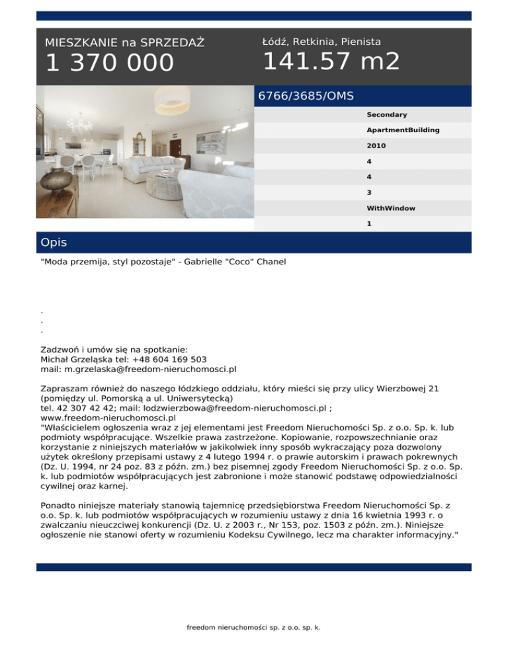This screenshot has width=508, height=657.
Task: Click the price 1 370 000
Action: coord(109,63)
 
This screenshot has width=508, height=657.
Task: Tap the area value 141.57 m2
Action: coord(331,62)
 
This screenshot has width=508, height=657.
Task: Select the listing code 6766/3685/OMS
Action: coord(306,96)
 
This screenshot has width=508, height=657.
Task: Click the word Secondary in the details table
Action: coord(386,115)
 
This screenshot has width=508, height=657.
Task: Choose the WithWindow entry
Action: coord(391,208)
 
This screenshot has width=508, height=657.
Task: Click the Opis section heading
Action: coord(54,243)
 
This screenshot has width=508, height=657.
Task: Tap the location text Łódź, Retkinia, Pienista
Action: coord(321,42)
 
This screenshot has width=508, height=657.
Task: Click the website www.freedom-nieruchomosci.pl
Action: coord(108,418)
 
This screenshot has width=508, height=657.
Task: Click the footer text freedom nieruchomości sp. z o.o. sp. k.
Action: coord(254,628)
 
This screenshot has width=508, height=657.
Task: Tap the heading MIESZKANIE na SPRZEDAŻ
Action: coord(124,43)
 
